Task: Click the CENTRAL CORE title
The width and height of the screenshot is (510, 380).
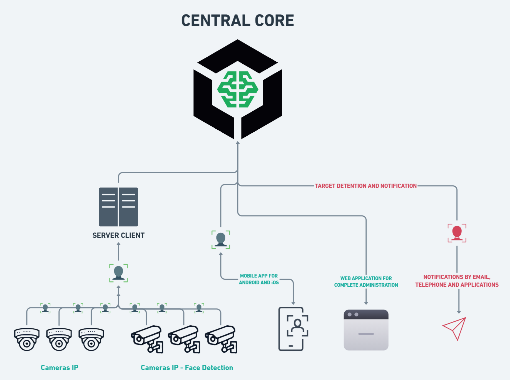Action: [x=238, y=21]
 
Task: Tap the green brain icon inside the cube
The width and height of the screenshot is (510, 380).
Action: [x=238, y=89]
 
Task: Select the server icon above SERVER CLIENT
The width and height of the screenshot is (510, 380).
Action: [x=118, y=207]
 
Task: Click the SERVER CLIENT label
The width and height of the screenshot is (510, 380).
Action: [x=118, y=235]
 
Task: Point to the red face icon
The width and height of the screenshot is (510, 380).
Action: [x=457, y=233]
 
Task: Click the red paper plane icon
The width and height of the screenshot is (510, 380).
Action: [x=455, y=328]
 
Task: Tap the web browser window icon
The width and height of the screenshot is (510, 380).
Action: [x=366, y=330]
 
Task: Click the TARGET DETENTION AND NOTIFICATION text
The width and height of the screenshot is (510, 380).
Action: [x=365, y=186]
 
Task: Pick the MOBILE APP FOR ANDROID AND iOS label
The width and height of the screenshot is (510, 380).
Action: [x=259, y=279]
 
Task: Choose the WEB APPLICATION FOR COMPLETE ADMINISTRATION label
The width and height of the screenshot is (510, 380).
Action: [x=366, y=281]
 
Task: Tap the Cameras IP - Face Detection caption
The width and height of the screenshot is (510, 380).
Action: [x=187, y=367]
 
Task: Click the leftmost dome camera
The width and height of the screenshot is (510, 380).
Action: [x=27, y=339]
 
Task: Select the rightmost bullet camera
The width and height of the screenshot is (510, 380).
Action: [x=221, y=339]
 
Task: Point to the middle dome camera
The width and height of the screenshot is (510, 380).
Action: [x=59, y=339]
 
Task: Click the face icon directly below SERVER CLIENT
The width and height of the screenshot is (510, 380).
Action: [x=118, y=273]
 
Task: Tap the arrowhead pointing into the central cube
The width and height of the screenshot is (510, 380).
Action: [x=238, y=143]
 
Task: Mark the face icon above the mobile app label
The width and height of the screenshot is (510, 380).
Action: [x=221, y=239]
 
